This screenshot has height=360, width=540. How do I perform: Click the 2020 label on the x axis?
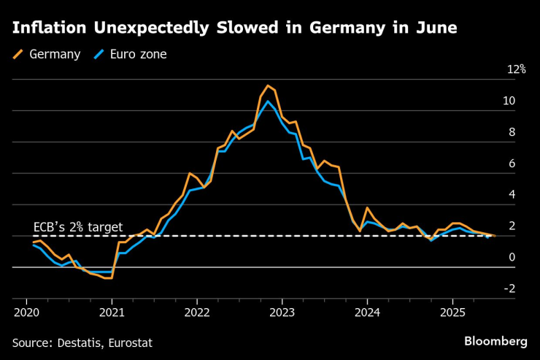tap(26, 312)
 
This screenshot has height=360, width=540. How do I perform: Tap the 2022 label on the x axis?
tap(197, 312)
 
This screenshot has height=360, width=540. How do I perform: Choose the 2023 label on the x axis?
tap(282, 312)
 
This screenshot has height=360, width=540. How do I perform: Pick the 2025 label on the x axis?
tap(452, 312)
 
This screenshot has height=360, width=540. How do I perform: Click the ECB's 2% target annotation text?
tap(78, 227)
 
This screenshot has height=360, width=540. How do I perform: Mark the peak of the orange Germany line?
tap(268, 86)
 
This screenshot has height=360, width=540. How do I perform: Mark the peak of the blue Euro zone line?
tap(268, 101)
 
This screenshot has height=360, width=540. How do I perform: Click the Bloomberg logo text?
tap(495, 342)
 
